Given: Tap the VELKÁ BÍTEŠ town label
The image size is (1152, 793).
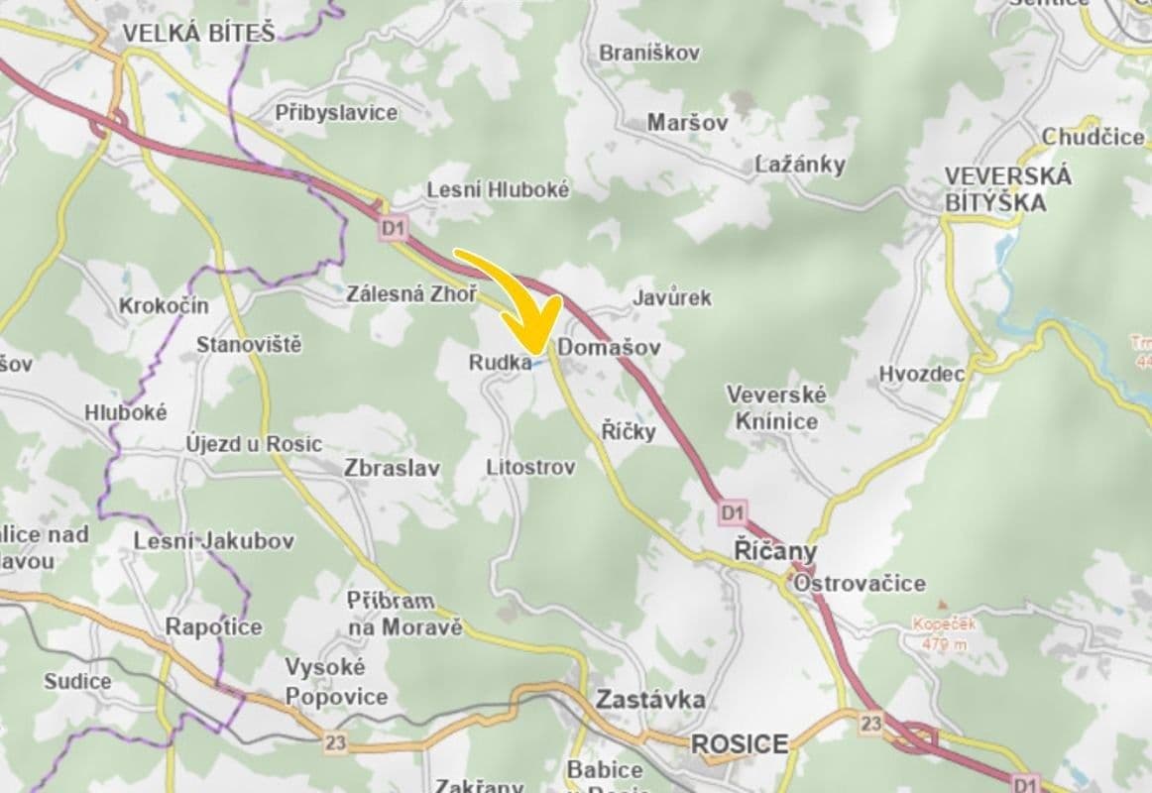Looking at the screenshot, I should click(197, 34).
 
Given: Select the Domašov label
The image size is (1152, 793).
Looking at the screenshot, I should click(609, 348).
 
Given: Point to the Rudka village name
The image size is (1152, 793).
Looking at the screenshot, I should click(500, 363).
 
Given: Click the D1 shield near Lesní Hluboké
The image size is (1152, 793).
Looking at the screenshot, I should click(394, 229).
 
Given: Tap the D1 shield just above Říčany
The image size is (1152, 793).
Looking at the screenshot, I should click(732, 512).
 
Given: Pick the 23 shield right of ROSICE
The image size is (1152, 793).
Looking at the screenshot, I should click(870, 724).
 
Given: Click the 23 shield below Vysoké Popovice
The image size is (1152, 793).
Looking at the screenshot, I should click(335, 741).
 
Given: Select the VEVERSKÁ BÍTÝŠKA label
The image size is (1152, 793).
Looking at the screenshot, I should click(1007, 189).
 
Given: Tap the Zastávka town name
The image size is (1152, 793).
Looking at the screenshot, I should click(650, 700).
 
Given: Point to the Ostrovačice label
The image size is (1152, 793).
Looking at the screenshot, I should click(859, 583).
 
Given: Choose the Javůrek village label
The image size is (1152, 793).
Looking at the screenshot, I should click(671, 297).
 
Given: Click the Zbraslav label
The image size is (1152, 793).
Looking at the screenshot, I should click(392, 468).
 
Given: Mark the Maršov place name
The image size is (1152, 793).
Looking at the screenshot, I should click(687, 123).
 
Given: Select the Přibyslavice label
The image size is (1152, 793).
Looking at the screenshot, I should click(336, 113).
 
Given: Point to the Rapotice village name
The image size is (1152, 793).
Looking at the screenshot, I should click(213, 626).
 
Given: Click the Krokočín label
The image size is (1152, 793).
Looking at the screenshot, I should click(164, 305).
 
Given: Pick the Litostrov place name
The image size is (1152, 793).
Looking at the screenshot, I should click(530, 467).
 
